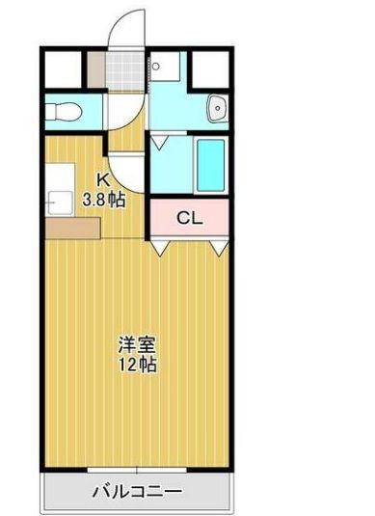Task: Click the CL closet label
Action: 189,218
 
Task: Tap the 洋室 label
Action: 138,344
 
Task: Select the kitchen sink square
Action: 60,204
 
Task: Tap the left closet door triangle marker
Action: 160,247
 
